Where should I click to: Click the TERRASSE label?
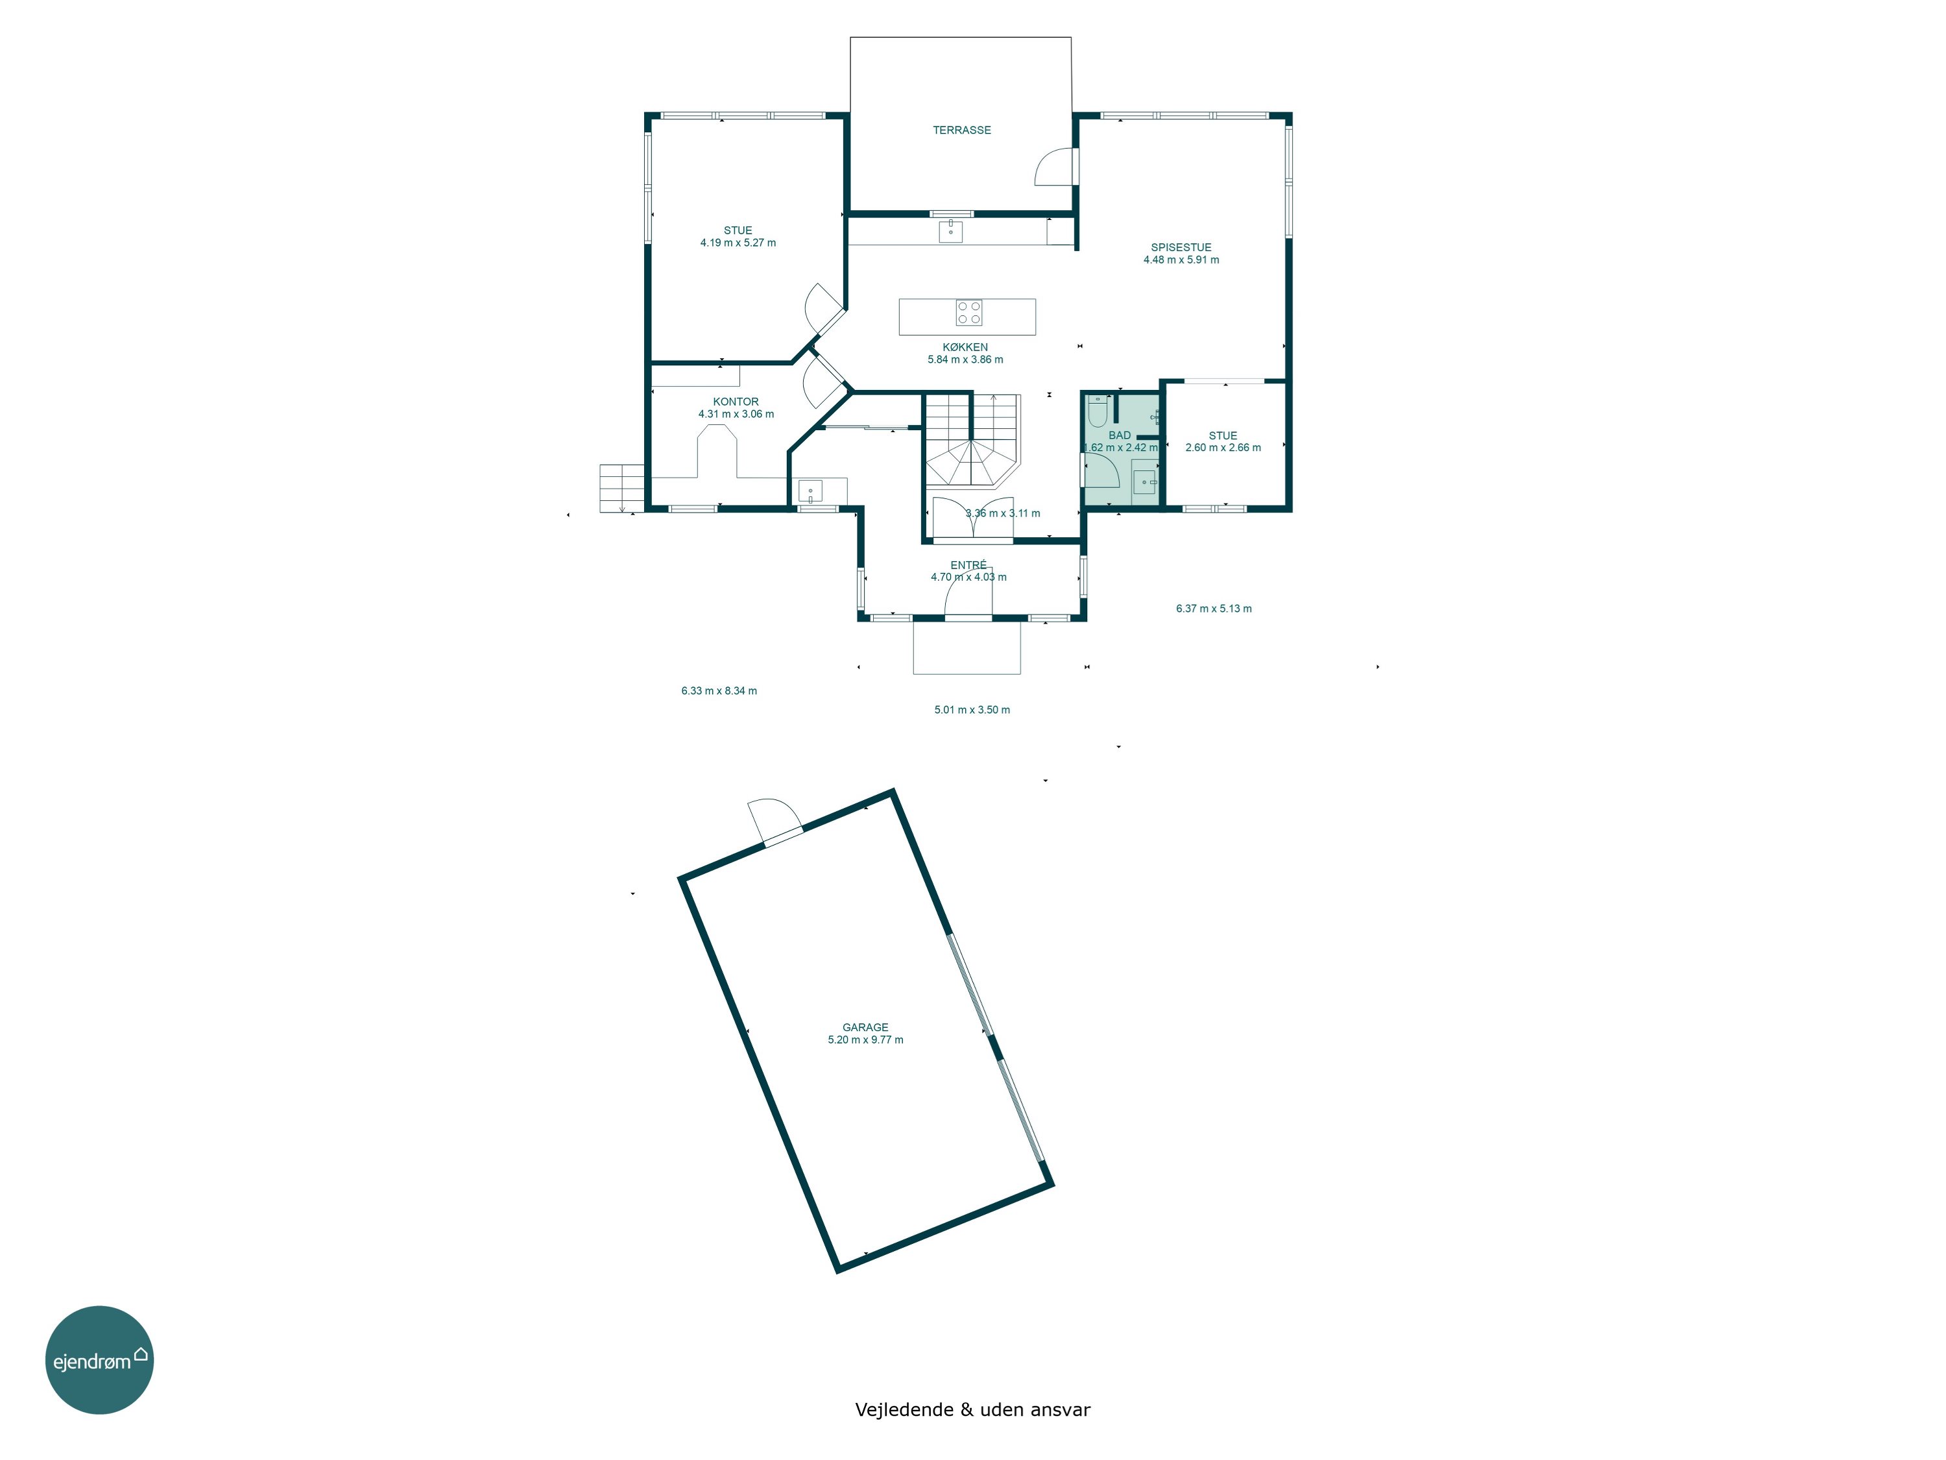961,130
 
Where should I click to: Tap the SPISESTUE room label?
1181,247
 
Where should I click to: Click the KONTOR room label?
736,401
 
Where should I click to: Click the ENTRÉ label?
968,565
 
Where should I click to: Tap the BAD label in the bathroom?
1119,435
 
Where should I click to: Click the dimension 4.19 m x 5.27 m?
738,243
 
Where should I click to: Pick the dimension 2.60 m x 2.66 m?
1223,447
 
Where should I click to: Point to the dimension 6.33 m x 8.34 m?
719,691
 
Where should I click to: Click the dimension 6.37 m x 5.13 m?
1214,608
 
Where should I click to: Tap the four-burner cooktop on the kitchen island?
968,312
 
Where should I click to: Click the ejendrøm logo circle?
99,1359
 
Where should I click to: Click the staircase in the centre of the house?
972,440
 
